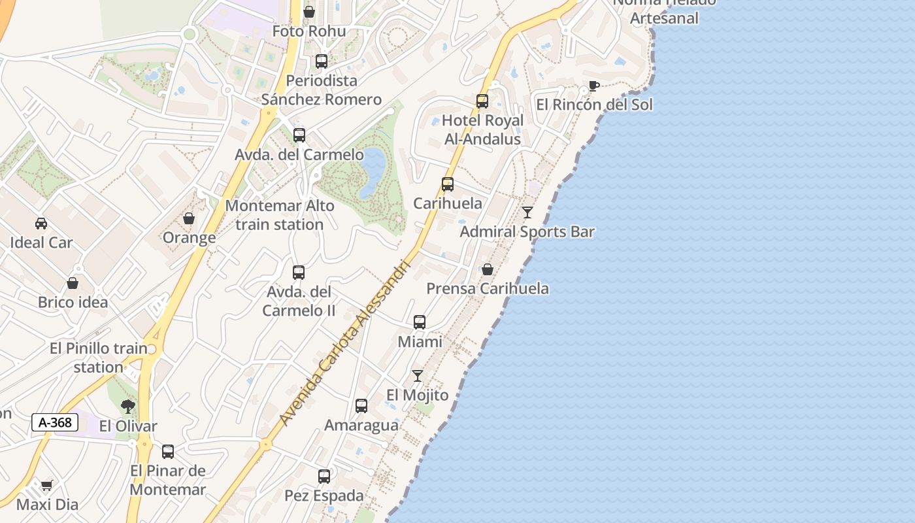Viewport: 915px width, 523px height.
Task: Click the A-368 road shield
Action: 55,422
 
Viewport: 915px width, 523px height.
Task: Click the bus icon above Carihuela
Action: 448,184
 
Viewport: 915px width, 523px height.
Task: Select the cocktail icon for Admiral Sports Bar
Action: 527,212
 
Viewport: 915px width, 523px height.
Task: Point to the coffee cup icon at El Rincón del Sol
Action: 593,86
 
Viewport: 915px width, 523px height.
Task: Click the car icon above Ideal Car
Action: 41,224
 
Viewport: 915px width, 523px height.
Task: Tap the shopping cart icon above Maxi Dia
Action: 46,486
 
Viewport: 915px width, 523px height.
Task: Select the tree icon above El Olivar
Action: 128,407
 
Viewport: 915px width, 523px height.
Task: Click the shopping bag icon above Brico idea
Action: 73,283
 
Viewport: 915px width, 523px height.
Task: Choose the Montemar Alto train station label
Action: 280,215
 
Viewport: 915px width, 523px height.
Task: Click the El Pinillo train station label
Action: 99,358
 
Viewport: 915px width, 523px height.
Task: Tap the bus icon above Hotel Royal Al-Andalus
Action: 482,101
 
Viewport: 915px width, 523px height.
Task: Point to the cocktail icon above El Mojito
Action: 418,376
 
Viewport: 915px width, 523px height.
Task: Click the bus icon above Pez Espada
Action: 324,477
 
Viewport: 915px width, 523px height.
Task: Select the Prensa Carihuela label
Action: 488,288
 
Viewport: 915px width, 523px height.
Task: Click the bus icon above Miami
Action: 420,322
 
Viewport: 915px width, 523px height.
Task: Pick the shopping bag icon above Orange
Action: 189,218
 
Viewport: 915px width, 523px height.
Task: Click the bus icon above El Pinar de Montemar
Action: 168,452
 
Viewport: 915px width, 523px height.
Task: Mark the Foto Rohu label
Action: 309,31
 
